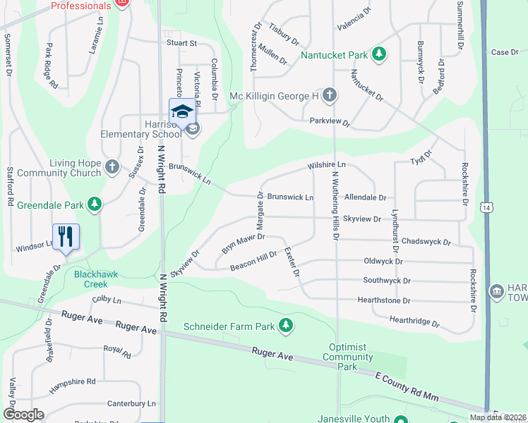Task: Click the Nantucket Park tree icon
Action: (379, 54)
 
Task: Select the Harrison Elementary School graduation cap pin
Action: (181, 112)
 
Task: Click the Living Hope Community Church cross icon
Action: (112, 167)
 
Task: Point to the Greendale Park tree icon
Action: (95, 205)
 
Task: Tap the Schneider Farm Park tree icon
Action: (286, 325)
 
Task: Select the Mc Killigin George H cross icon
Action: (330, 95)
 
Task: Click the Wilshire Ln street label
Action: (326, 165)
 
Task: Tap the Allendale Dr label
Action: (365, 198)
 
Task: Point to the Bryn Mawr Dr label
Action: (242, 244)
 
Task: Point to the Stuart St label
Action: (181, 43)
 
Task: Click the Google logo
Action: (24, 414)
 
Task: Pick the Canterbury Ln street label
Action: (131, 403)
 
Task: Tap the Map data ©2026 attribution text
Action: (497, 417)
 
